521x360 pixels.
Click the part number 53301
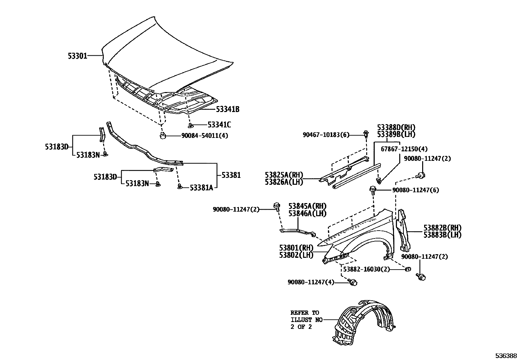coord(78,56)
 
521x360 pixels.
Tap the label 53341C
coord(219,125)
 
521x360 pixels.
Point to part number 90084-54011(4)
coord(205,136)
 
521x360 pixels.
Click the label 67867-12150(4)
coord(404,149)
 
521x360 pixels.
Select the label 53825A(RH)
coord(284,175)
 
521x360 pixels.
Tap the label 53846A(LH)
coord(307,214)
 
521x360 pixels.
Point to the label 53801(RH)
coord(296,247)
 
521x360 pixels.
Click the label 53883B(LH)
coord(442,235)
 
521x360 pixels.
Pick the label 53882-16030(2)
coord(367,269)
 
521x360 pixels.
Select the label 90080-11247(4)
coord(311,282)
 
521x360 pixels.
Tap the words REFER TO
coord(304,313)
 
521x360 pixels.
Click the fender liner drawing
coord(363,323)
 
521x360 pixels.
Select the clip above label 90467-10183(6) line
coord(366,133)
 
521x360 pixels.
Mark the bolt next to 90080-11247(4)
coord(353,282)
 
